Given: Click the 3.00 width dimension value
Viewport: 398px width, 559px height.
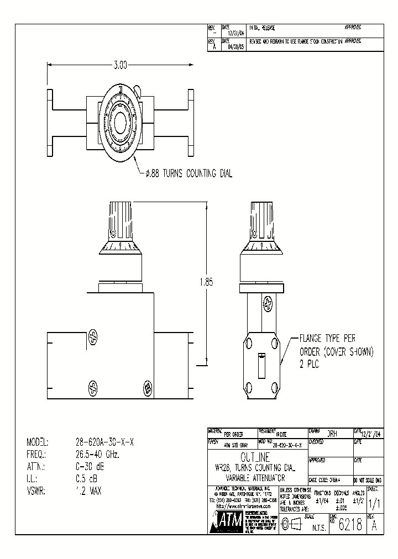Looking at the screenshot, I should (120, 65).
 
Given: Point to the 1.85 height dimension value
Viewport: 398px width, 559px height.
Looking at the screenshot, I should (205, 282).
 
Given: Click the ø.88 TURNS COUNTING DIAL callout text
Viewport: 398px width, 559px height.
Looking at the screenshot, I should (188, 174).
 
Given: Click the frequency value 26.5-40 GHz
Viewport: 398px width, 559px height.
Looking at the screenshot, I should (98, 455).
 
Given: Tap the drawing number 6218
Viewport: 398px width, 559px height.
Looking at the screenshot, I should (350, 525).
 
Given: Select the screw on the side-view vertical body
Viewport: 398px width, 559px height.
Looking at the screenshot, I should (268, 303).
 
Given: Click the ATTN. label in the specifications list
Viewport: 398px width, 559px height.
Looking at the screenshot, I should (36, 467).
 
